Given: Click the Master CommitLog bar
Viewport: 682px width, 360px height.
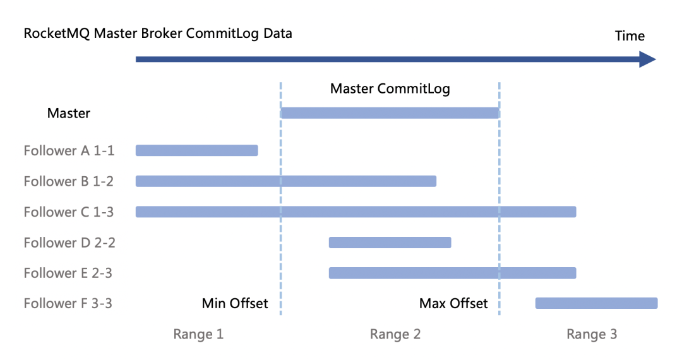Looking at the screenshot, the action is tap(390, 113).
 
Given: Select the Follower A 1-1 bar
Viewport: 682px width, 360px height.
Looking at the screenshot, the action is tap(196, 150).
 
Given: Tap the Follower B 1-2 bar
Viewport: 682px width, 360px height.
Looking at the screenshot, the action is tap(286, 181).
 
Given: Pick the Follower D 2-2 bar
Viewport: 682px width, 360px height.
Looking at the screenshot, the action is tap(390, 243).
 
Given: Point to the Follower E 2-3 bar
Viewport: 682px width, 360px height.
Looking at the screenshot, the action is tap(452, 273).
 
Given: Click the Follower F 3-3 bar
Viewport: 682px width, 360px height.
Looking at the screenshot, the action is tap(596, 303).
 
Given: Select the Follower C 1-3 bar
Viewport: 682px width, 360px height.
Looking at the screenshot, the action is tap(356, 212).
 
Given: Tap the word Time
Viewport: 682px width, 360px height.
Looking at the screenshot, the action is tap(630, 36).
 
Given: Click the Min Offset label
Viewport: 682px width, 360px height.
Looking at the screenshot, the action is tap(235, 303).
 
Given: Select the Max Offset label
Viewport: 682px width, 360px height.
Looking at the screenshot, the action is tap(453, 303).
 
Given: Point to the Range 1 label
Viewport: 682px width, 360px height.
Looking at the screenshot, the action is tap(198, 334).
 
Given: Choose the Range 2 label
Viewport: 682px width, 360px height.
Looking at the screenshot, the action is tap(395, 334).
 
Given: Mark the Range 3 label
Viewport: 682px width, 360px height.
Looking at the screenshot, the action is tap(592, 334).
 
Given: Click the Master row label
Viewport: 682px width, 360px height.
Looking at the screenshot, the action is tap(69, 113).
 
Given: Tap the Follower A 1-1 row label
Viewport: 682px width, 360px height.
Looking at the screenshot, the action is tap(69, 150).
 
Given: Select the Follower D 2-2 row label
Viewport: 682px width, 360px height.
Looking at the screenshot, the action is tap(69, 243).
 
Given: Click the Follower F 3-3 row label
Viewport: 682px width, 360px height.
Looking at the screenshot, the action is tap(68, 303).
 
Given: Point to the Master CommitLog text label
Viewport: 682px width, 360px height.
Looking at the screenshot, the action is tap(390, 88).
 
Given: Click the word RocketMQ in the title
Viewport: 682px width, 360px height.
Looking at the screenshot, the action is tap(57, 33).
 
